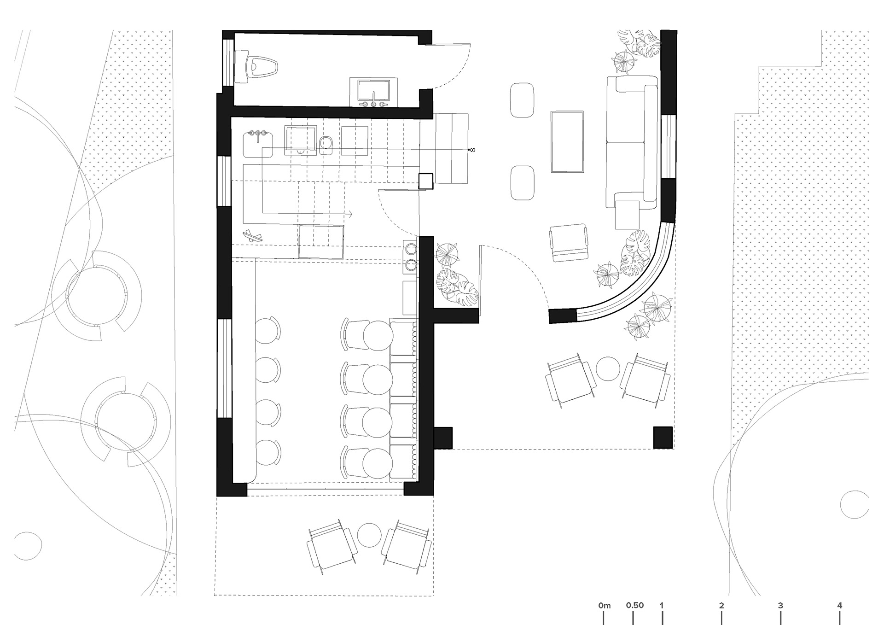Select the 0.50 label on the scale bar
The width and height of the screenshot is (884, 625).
634,605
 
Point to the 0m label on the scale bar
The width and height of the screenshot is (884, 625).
605,605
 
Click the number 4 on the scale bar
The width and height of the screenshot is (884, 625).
840,605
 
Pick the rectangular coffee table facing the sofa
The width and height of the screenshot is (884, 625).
567,141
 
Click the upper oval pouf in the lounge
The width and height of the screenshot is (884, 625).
522,100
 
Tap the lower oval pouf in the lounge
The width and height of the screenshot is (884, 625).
522,183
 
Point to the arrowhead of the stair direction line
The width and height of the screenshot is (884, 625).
351,214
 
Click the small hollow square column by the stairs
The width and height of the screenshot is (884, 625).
425,181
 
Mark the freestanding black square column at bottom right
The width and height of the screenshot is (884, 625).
663,437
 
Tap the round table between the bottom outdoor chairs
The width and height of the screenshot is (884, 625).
369,534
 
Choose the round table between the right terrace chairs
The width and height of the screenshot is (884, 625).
608,369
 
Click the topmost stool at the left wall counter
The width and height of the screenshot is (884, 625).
268,330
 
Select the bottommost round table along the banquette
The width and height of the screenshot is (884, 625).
378,463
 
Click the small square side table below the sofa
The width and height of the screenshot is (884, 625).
627,215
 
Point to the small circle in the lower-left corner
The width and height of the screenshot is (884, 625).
28,546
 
